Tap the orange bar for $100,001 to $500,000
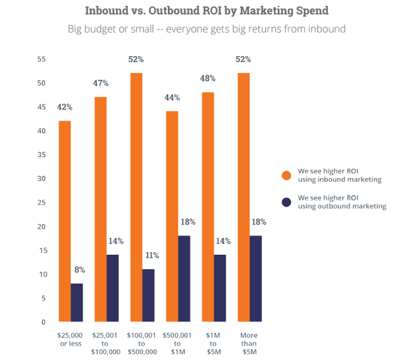137,197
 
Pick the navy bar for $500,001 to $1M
185,278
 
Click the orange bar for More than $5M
244,197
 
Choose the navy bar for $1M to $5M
220,288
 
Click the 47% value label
101,84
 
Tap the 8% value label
79,270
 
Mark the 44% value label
173,98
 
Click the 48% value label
208,79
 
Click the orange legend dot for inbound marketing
286,175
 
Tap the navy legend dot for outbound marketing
286,201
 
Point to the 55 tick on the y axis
41,59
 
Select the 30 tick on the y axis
41,179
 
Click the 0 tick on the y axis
43,322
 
